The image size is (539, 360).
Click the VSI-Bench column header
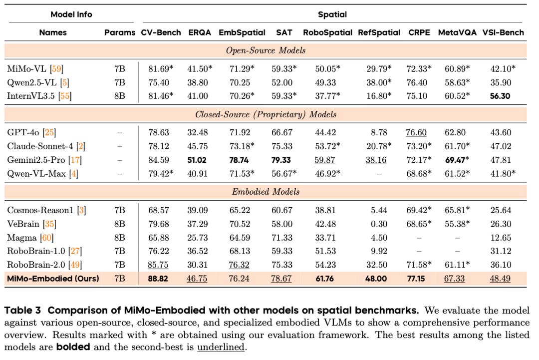tap(503, 32)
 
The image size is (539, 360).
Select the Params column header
tap(120, 32)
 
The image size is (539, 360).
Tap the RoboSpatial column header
tap(327, 32)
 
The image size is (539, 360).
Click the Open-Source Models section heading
tap(266, 50)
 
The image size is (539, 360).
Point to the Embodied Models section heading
tap(266, 192)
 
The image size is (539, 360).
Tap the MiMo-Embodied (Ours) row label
tap(53, 279)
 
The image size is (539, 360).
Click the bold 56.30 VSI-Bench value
tap(500, 96)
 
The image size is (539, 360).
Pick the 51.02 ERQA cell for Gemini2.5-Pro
tap(200, 160)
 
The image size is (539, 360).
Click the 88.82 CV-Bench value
tap(158, 279)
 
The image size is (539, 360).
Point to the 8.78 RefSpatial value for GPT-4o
tap(379, 132)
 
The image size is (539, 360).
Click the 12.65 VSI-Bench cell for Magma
tap(500, 237)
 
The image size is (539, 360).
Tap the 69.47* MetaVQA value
tap(457, 160)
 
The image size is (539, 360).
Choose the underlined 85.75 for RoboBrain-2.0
tap(158, 265)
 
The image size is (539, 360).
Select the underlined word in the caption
tap(221, 347)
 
